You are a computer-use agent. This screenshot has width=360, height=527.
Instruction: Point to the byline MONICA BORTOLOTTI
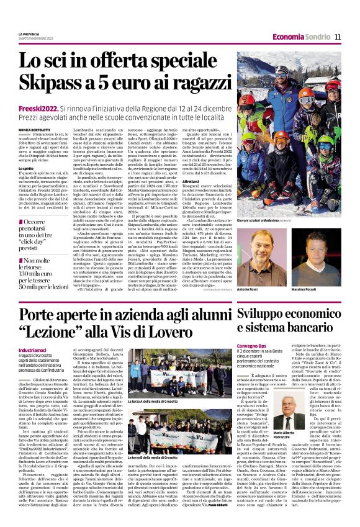[36, 130]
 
